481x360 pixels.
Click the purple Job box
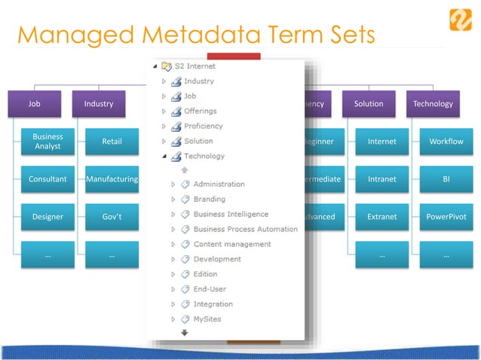34,104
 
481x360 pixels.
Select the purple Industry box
99,104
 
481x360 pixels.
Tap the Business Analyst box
47,142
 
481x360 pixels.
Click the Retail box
112,142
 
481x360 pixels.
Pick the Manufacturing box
112,179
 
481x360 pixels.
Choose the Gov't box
112,217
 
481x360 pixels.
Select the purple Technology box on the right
433,104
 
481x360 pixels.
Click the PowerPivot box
446,217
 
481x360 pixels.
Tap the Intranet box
381,179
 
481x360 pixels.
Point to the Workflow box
446,142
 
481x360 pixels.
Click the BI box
446,179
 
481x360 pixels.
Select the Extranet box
381,217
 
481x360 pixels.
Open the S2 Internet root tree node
195,66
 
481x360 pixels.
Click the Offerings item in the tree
200,111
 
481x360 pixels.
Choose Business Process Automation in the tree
245,229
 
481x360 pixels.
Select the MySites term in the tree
207,319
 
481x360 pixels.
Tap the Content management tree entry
231,244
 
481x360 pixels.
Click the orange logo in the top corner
460,19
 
